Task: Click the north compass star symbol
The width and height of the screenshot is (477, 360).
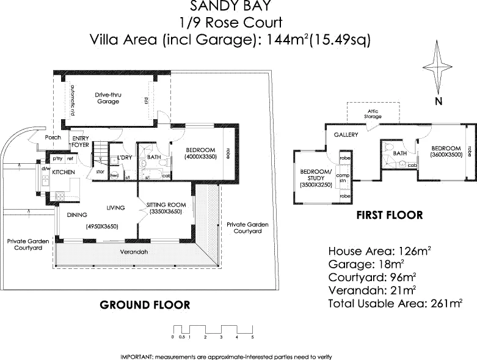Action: tap(437, 64)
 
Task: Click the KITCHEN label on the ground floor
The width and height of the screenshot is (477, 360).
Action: tap(64, 173)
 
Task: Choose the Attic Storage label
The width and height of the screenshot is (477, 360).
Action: tap(373, 113)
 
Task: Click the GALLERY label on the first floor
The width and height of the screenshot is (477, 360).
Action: tap(345, 134)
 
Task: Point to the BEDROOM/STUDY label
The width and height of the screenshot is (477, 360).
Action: tap(315, 174)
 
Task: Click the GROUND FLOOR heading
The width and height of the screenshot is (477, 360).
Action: tap(144, 304)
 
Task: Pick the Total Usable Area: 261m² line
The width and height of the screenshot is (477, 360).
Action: tap(395, 303)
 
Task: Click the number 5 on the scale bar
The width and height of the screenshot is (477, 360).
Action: tap(252, 337)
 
